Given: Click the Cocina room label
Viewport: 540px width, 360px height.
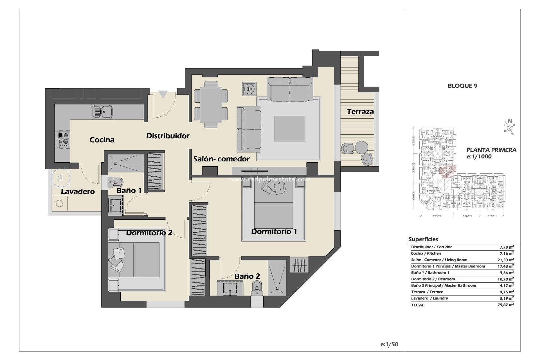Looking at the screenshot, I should coord(102,140).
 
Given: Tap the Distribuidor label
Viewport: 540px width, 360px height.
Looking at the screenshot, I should coord(168,136).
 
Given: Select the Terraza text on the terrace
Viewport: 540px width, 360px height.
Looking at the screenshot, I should coord(360,112).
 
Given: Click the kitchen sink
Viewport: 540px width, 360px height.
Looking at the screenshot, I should coord(102,112).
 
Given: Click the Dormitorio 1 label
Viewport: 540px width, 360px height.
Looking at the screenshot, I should coord(274,231).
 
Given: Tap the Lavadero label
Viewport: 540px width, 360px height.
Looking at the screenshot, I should coord(78,192).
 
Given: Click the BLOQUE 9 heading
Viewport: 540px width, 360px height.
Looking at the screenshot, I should coord(462,86).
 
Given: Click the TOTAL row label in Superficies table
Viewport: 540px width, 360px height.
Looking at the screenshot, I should coord(418,305).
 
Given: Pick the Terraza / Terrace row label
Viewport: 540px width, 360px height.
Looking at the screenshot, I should coord(427,292).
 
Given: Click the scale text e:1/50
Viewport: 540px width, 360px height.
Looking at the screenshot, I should coord(389,344).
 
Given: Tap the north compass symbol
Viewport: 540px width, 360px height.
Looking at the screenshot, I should coord(509,127).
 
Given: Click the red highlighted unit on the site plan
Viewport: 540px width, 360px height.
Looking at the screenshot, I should coord(447,172).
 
